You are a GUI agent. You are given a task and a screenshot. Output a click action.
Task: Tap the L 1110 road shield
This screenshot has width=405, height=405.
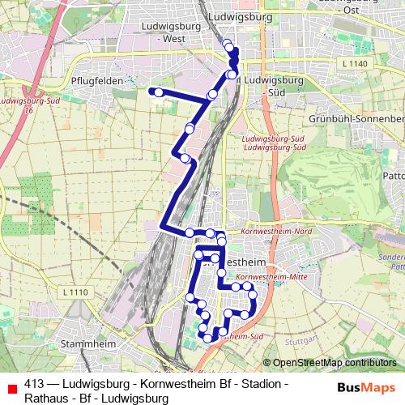(74, 292)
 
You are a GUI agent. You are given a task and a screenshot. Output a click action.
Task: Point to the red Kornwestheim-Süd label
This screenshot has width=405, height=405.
(243, 335)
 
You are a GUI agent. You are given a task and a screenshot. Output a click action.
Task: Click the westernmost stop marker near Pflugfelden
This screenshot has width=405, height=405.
(151, 92)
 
